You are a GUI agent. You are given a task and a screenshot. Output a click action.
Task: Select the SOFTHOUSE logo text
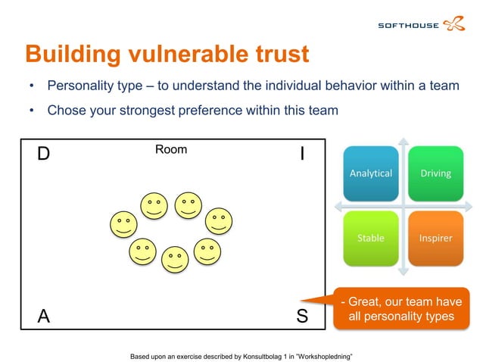(408, 26)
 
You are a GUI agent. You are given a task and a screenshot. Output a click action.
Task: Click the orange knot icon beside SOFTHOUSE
(455, 24)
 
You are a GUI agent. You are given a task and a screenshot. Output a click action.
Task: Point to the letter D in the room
(43, 154)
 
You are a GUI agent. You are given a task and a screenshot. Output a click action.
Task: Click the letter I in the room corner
(302, 154)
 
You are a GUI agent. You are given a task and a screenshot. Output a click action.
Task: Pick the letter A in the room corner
(44, 317)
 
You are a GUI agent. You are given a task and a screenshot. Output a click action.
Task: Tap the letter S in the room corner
(302, 317)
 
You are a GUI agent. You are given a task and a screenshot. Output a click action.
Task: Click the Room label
(171, 149)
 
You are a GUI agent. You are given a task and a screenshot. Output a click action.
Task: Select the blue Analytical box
(371, 173)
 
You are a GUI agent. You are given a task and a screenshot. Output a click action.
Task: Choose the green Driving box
(436, 173)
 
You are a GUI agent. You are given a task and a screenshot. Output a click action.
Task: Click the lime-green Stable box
(371, 239)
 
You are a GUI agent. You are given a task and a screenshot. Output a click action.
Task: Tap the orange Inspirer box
(436, 239)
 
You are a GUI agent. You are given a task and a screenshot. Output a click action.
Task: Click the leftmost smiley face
(123, 224)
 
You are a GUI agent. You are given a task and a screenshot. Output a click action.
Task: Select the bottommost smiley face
(175, 260)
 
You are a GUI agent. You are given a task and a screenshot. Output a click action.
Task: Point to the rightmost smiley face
(220, 221)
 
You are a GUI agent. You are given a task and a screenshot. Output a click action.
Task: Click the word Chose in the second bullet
(65, 111)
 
